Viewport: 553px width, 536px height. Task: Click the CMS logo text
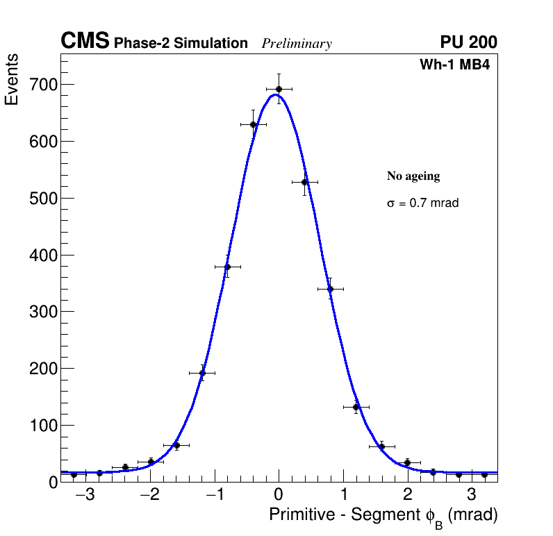[x=85, y=42]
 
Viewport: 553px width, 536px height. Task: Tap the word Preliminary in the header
[x=297, y=44]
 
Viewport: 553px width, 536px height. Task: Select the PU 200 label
[x=468, y=42]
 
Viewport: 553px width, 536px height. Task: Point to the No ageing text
[x=413, y=176]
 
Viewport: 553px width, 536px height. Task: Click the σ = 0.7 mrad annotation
[x=422, y=203]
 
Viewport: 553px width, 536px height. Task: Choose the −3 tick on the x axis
[x=83, y=496]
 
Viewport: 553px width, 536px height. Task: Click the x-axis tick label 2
[x=407, y=496]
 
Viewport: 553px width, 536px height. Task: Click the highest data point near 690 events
[x=279, y=89]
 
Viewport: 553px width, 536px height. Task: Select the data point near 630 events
[x=254, y=124]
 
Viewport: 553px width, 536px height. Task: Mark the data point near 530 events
[x=304, y=182]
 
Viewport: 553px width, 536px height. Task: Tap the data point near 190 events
[x=202, y=373]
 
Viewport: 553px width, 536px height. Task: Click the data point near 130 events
[x=356, y=407]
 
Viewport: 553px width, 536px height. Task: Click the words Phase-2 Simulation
[x=181, y=44]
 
